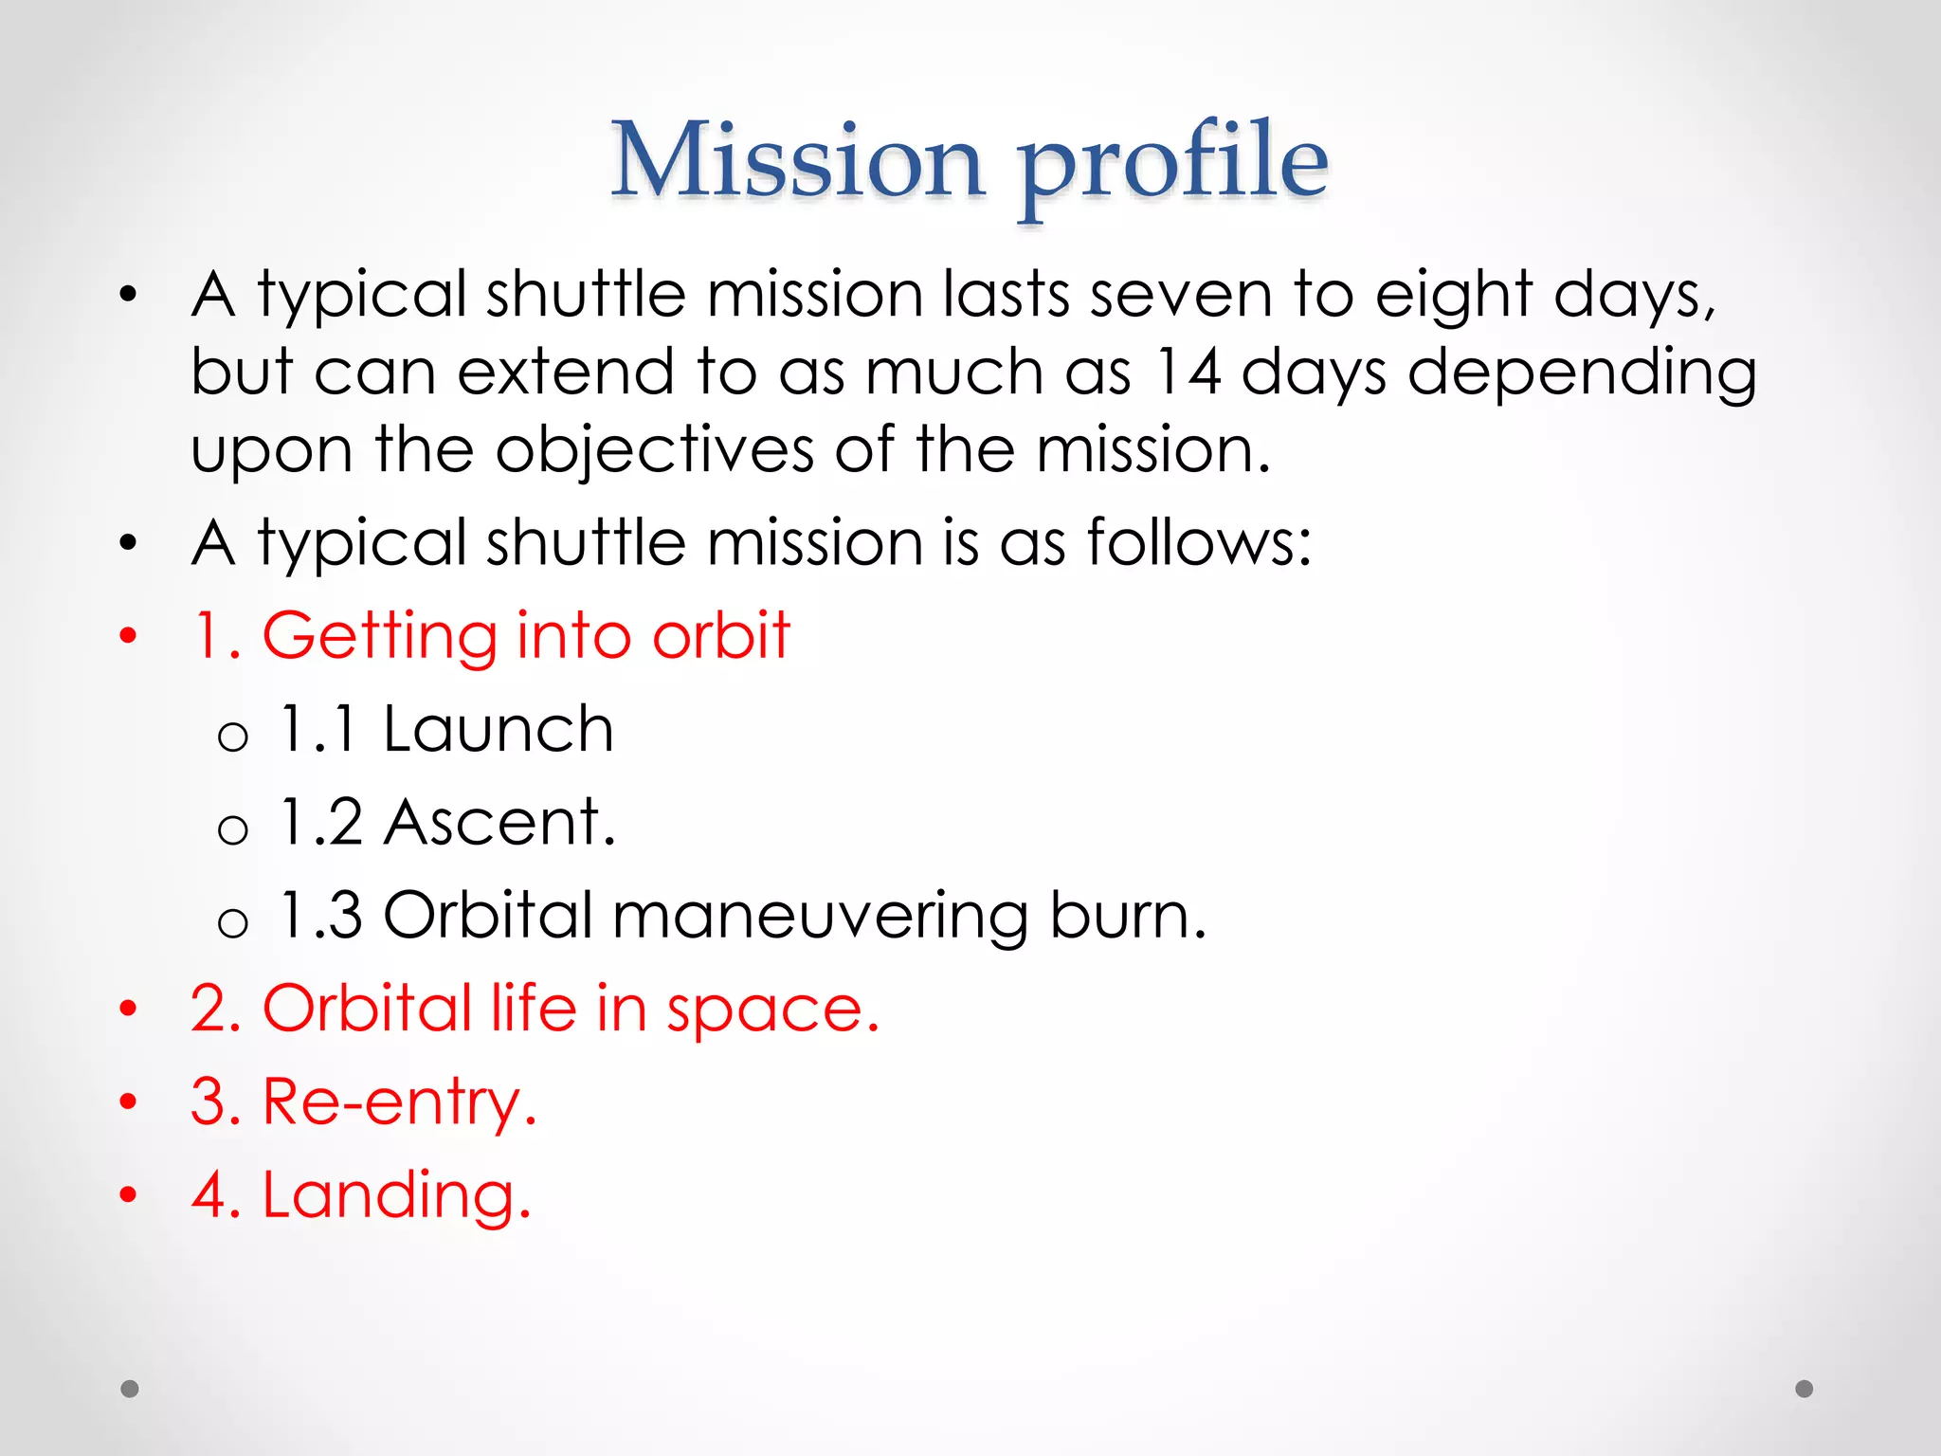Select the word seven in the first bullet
[x=1180, y=295]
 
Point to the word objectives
[x=654, y=449]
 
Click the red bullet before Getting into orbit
[x=128, y=636]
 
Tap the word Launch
[x=498, y=730]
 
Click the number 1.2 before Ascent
[x=322, y=822]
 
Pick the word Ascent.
[x=499, y=822]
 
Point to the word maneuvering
[x=820, y=917]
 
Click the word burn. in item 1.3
[x=1128, y=916]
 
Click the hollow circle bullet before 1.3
[x=232, y=922]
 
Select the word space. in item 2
[x=772, y=1010]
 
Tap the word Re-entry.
[x=399, y=1102]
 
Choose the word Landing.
[x=396, y=1195]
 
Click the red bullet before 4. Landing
[x=128, y=1195]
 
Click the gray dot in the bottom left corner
[x=130, y=1389]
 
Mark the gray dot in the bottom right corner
[x=1805, y=1389]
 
